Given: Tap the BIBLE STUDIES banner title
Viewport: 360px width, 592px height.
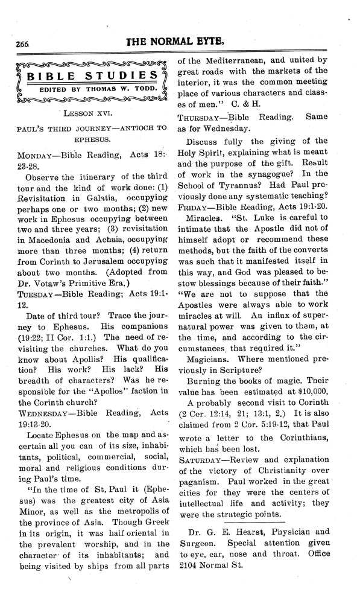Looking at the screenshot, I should tap(89, 76).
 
